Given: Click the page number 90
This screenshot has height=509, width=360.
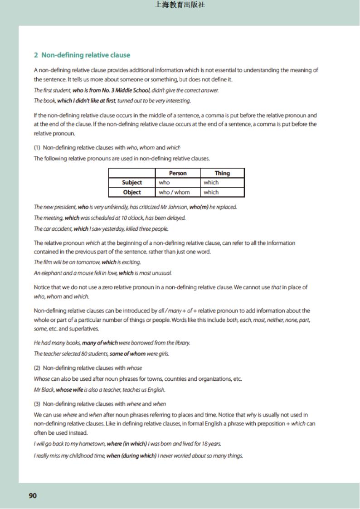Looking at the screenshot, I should pos(33,495).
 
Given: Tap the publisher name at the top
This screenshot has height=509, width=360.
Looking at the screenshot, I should pos(180,5).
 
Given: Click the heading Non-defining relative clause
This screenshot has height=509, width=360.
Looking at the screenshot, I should pos(86,55).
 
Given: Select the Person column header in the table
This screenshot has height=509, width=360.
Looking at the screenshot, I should pos(178,173).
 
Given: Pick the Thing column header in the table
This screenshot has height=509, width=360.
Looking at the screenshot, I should pos(222,173).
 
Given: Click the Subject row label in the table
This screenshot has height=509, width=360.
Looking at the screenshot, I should pos(132,183).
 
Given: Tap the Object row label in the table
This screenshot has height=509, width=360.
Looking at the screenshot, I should pos(132,192).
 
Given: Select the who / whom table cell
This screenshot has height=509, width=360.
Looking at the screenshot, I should pos(174,192).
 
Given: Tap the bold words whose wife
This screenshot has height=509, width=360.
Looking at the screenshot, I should pos(69,390).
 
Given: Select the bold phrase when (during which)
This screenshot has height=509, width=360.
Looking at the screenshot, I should pos(131,456).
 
